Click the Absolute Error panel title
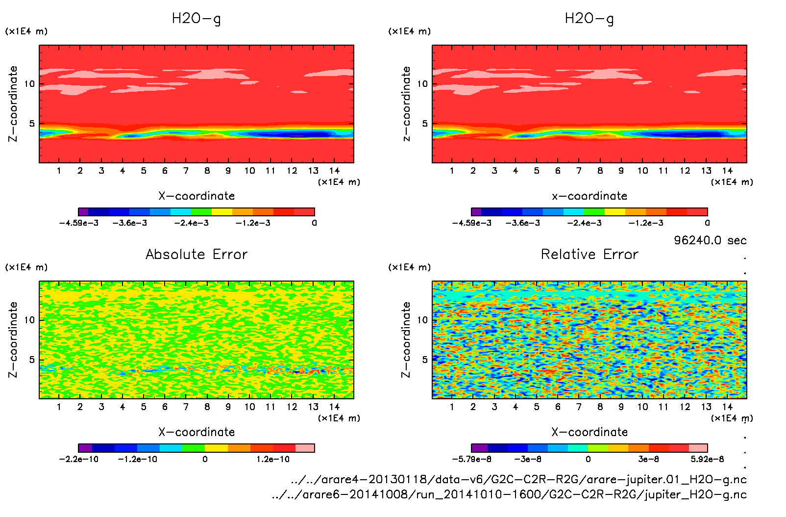click(196, 255)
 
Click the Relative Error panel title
click(589, 255)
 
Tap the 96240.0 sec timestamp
click(710, 240)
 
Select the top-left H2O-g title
click(196, 19)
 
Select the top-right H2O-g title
click(589, 19)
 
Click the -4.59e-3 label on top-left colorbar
click(79, 223)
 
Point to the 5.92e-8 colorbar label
click(707, 459)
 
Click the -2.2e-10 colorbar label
click(79, 459)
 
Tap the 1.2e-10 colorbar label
click(273, 459)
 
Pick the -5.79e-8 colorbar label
click(472, 459)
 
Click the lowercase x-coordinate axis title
click(589, 196)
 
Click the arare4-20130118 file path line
click(519, 479)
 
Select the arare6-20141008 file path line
click(510, 494)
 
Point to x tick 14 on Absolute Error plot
click(334, 407)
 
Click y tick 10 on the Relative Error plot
click(422, 320)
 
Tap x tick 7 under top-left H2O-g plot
click(186, 171)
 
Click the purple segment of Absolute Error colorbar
click(85, 448)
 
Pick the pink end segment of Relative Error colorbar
click(698, 448)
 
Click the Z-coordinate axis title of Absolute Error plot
click(13, 339)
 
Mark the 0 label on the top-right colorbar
click(707, 223)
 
